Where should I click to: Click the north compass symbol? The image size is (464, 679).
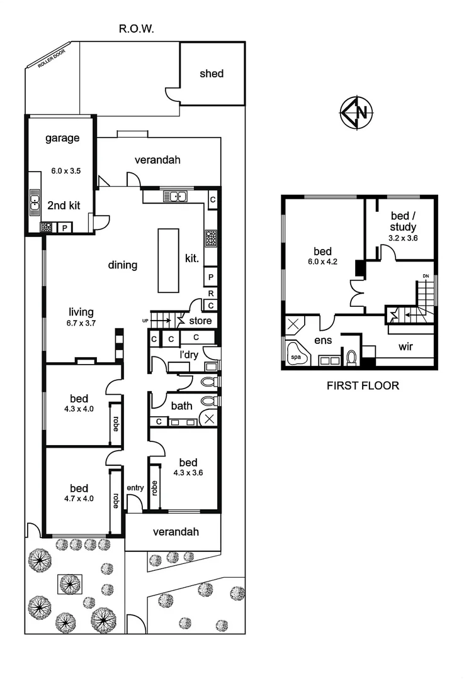(356, 114)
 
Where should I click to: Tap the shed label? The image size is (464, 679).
(212, 74)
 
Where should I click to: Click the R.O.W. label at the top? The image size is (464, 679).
(137, 29)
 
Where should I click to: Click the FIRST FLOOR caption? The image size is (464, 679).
(363, 385)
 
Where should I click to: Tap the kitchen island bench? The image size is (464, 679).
(168, 260)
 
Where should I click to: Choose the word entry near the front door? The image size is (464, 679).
(135, 488)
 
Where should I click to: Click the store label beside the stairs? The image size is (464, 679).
(200, 321)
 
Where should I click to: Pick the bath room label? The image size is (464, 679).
(181, 406)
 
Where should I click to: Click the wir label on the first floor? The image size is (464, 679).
(405, 346)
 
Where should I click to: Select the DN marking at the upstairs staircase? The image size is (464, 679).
(426, 275)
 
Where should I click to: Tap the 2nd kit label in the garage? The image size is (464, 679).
(63, 205)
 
